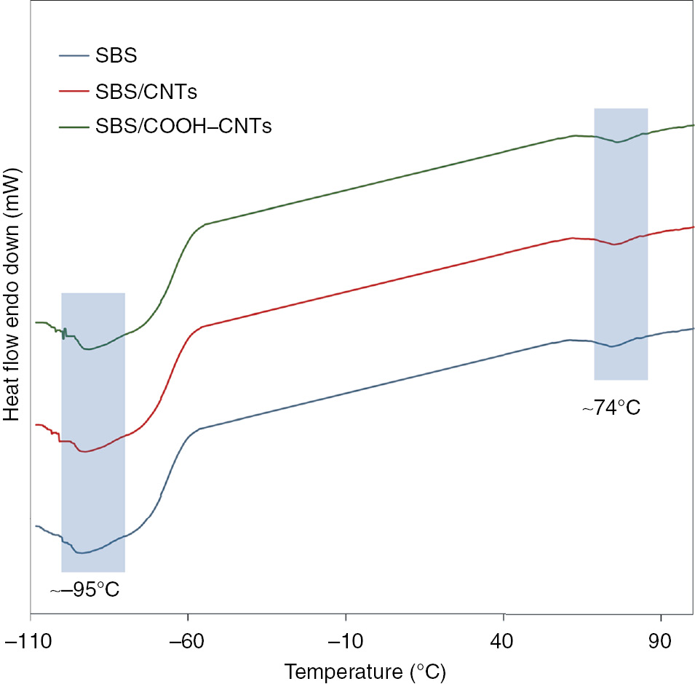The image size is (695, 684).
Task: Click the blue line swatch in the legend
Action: click(73, 55)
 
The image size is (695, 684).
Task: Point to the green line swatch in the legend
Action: click(73, 127)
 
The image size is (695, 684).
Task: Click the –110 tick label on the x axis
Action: click(31, 639)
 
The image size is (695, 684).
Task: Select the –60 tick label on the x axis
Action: click(188, 639)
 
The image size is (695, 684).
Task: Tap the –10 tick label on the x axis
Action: click(346, 639)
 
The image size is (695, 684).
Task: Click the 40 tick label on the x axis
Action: click(504, 639)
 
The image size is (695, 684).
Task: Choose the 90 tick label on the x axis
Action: click(661, 639)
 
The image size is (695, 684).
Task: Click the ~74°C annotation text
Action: click(611, 408)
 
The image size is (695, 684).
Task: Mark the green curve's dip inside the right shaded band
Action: click(617, 142)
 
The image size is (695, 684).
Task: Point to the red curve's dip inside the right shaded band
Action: click(613, 244)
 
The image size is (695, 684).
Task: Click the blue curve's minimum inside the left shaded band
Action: click(82, 553)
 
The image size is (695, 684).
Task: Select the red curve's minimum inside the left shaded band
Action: click(84, 452)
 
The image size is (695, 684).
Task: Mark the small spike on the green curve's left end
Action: click(64, 333)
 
